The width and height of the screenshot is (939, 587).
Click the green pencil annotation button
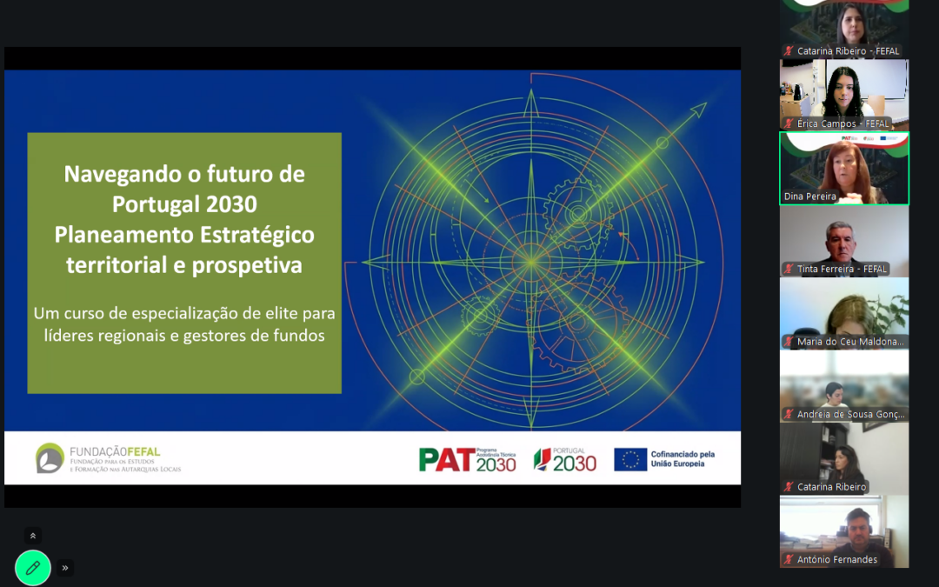[x=33, y=568]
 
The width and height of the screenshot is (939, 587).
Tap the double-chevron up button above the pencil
[x=33, y=536]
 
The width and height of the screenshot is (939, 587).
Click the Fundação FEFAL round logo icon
[x=50, y=457]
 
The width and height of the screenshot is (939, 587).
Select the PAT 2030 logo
[x=467, y=458]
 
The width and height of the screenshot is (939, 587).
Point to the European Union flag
[x=630, y=459]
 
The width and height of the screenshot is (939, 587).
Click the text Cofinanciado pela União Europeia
[x=683, y=459]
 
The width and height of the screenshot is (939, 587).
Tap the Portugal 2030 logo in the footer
[x=565, y=459]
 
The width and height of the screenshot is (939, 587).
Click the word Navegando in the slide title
[x=117, y=174]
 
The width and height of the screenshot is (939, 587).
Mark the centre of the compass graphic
[x=530, y=261]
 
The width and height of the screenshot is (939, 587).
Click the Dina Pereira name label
[x=810, y=197]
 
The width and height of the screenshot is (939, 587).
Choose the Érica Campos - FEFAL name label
[x=842, y=123]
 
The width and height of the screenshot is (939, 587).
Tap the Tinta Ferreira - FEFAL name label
[x=842, y=269]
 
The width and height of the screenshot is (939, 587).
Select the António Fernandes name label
[x=836, y=559]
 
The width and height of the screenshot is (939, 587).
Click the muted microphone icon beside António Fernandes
[x=789, y=559]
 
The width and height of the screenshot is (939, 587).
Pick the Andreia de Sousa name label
[x=850, y=414]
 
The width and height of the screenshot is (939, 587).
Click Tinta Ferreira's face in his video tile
[x=841, y=237]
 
